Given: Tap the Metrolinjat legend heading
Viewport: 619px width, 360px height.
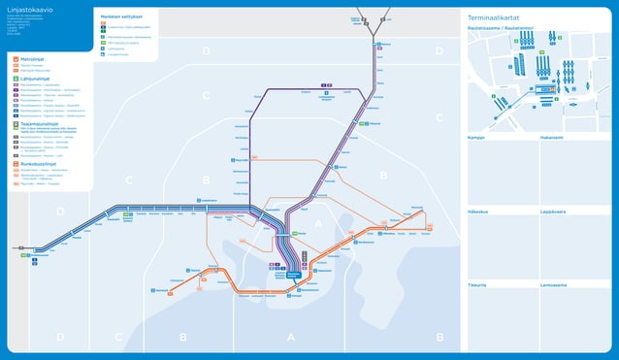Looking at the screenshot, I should pyautogui.click(x=34, y=59).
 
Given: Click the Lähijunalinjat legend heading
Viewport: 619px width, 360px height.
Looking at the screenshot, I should pyautogui.click(x=37, y=79).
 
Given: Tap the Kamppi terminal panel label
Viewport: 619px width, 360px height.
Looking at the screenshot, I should pyautogui.click(x=476, y=138).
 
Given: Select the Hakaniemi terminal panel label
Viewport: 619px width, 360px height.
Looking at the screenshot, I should pyautogui.click(x=552, y=138).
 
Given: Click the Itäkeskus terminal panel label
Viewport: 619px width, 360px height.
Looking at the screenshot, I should pyautogui.click(x=478, y=211).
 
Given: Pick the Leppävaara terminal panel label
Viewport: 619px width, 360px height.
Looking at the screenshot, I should pyautogui.click(x=555, y=211).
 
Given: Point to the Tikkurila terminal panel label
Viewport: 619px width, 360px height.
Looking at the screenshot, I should pyautogui.click(x=477, y=284).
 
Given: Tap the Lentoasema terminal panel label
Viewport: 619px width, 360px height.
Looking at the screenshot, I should pyautogui.click(x=555, y=284).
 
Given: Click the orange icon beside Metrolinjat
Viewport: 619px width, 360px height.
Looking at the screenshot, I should pyautogui.click(x=15, y=59).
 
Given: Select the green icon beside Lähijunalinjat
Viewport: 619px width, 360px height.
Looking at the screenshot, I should pyautogui.click(x=15, y=79).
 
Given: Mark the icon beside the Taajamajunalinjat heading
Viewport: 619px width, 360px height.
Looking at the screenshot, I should pyautogui.click(x=15, y=123).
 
